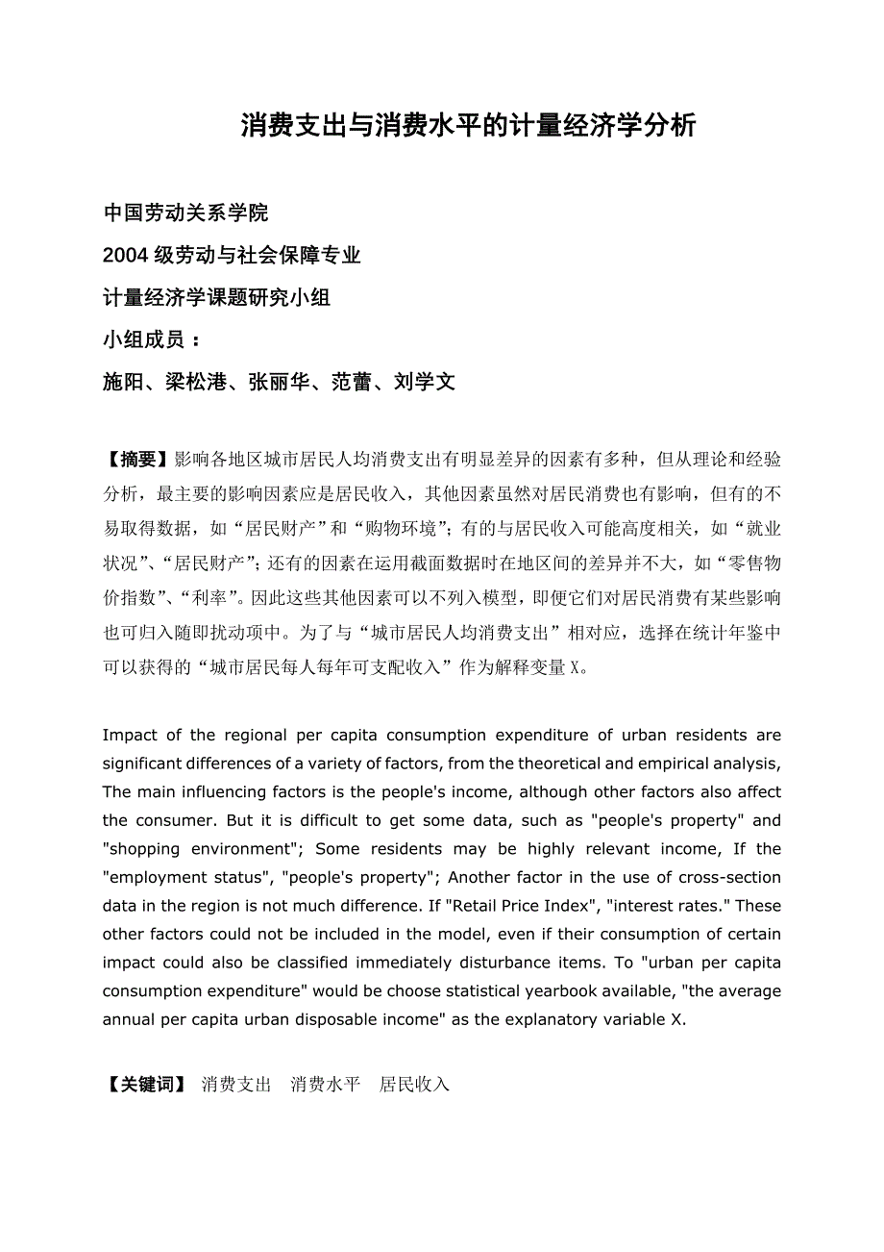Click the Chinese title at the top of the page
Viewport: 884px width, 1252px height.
point(468,126)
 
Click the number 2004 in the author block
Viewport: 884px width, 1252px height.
point(124,255)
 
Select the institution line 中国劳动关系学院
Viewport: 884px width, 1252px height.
point(185,213)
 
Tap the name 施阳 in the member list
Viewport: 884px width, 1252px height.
point(123,382)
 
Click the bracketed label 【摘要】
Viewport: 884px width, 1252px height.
point(137,460)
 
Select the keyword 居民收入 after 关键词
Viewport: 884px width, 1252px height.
point(415,1085)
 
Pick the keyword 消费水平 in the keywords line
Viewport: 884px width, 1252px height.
point(326,1085)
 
